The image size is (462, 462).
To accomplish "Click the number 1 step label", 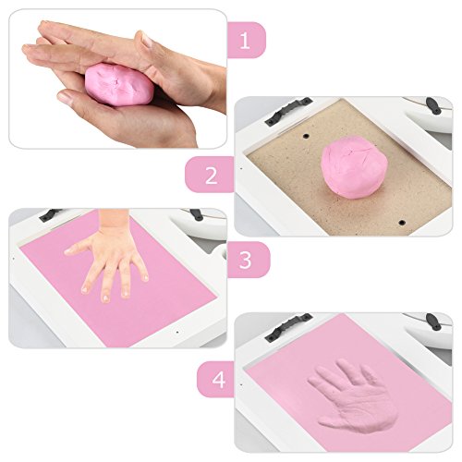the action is point(245,41).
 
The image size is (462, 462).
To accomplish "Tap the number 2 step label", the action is point(212,176).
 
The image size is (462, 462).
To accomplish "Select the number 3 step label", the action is point(245,260).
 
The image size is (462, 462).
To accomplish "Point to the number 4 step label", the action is point(218,380).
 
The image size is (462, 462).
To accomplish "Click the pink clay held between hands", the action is point(119,85).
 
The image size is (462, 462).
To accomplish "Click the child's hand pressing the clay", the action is point(109,257).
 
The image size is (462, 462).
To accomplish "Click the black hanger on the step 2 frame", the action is point(288,111).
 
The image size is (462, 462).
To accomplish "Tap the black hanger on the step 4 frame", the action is point(288,327).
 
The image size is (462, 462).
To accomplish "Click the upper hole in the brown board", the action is point(306,136).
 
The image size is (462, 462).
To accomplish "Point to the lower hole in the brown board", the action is point(402,223).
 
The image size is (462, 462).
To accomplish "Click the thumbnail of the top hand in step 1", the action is point(147,40).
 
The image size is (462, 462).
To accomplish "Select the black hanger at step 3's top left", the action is point(50,214).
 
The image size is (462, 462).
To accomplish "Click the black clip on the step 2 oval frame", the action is point(433,105).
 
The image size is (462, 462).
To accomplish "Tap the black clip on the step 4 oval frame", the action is point(433,322).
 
